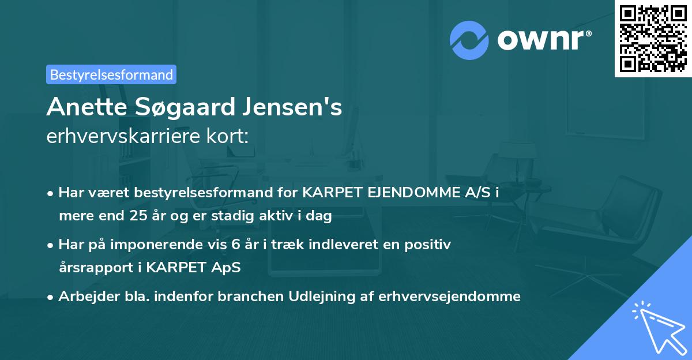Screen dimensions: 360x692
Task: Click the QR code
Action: point(653,38)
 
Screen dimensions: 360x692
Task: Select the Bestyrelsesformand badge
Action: point(111,74)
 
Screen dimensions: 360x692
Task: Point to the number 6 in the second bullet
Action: point(235,245)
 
